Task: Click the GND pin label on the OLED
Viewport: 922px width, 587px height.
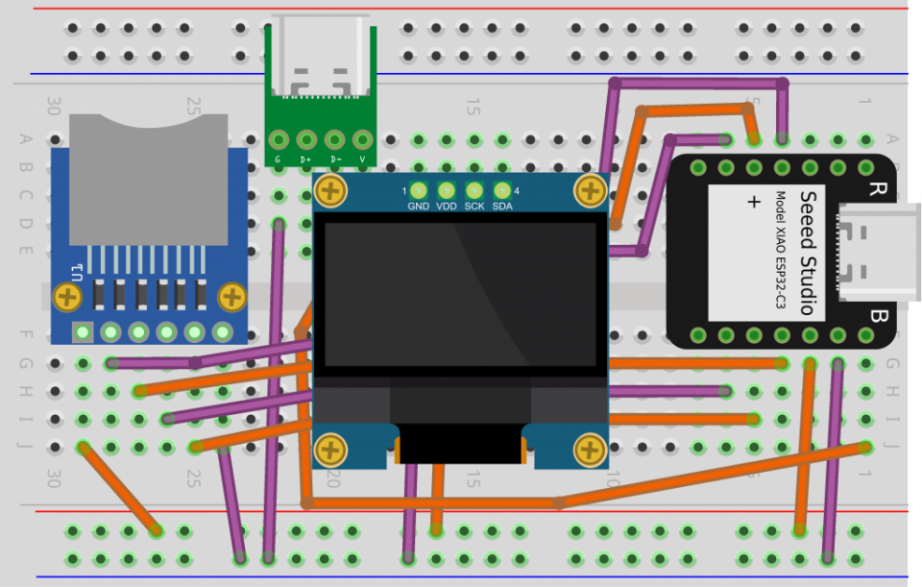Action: pos(418,206)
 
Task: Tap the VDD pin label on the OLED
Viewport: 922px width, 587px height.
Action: pos(447,206)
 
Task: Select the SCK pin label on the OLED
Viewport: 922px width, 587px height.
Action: pos(474,206)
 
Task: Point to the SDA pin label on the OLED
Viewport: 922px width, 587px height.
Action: pos(502,206)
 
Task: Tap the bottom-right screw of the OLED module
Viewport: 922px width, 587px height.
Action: pos(588,449)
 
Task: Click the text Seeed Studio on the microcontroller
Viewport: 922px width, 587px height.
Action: pos(808,252)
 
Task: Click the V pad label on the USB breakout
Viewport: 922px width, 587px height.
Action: pos(362,159)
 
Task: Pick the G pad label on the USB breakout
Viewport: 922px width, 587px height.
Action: pos(278,159)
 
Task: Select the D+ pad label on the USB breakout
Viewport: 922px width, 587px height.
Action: pos(305,159)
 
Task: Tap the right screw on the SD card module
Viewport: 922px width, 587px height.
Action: pos(233,296)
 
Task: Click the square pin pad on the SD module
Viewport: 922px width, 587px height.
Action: pos(84,332)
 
